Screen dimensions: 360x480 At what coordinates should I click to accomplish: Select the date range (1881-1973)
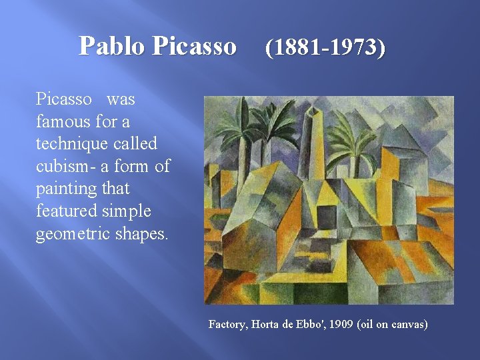(x=325, y=48)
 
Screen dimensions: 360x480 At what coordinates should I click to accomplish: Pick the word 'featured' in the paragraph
(x=66, y=211)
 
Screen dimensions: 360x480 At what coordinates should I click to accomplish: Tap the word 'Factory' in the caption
(x=227, y=324)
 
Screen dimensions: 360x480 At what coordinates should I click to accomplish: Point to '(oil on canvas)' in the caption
(x=393, y=324)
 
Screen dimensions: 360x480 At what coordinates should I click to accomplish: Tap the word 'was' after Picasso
(x=121, y=99)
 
